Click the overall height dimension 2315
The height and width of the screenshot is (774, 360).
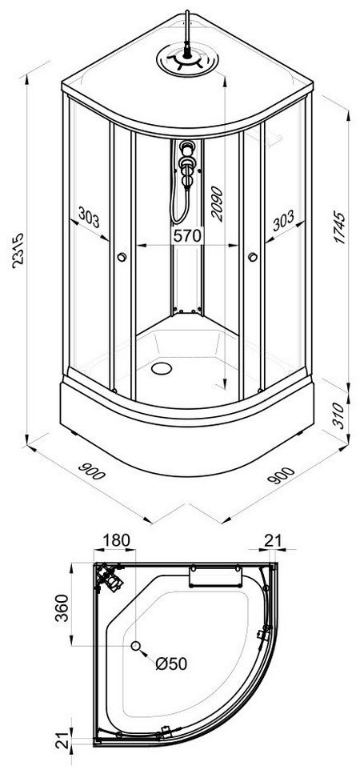[x=18, y=251]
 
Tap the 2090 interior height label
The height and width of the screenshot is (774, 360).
[x=218, y=203]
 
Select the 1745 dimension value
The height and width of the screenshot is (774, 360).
[x=339, y=227]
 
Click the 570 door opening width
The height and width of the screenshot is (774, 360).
[x=187, y=235]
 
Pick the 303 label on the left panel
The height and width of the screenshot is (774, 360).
[x=89, y=217]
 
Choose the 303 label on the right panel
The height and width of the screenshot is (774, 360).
[x=283, y=221]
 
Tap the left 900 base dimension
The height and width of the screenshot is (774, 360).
[x=92, y=471]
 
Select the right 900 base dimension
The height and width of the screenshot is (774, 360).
[x=281, y=475]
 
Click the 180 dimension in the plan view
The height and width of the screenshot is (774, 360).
[x=116, y=540]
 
